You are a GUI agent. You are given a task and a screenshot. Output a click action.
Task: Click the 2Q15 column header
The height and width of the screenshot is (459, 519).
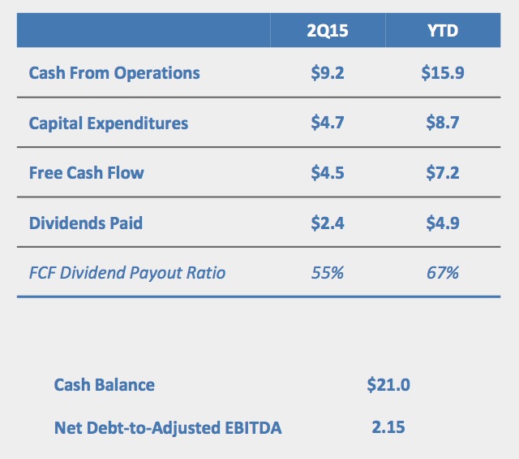click(x=328, y=32)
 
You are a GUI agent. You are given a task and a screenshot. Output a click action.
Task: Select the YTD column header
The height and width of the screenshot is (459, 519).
click(x=442, y=32)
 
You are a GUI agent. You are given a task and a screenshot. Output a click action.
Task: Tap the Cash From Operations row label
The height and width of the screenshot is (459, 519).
click(x=114, y=73)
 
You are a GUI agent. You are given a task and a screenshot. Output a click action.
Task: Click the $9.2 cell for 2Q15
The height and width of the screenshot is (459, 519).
click(x=328, y=73)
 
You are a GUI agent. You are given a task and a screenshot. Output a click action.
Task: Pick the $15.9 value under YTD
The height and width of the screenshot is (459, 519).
click(x=442, y=73)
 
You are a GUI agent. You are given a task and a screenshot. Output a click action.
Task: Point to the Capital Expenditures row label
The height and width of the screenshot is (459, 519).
click(x=109, y=123)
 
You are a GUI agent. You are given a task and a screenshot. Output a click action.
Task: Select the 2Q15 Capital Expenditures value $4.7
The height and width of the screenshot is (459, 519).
click(x=328, y=123)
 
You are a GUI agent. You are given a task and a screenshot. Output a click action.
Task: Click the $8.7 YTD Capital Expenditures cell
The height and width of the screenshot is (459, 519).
click(x=442, y=123)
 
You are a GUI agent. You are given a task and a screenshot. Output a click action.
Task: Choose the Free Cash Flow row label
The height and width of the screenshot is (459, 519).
click(x=86, y=173)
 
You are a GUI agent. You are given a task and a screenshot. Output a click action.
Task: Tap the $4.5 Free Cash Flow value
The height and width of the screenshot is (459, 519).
click(x=328, y=173)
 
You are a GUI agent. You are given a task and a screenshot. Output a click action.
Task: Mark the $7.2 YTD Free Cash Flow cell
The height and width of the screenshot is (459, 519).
click(x=442, y=173)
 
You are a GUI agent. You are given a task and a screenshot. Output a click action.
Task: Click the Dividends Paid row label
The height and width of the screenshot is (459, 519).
click(x=85, y=223)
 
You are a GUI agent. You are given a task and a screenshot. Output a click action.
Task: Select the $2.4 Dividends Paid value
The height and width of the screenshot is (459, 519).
click(x=328, y=223)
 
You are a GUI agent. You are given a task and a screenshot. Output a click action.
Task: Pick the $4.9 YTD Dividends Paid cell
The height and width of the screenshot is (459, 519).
click(x=442, y=223)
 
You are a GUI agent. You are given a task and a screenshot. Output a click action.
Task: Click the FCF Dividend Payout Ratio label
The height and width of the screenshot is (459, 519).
click(x=127, y=273)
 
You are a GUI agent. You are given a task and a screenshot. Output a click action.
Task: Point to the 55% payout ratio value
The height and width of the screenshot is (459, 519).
click(x=328, y=273)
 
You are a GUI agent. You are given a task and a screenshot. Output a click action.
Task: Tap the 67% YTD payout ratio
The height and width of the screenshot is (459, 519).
click(x=442, y=273)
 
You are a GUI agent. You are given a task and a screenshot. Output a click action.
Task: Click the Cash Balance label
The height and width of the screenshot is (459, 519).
click(x=104, y=384)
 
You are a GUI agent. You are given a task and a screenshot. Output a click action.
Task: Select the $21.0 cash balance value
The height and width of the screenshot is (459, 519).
click(x=388, y=384)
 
